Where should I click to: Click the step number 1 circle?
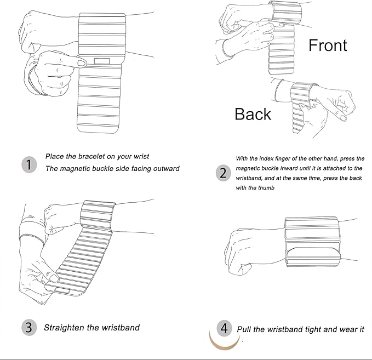pyautogui.click(x=29, y=164)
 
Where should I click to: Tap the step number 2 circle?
pyautogui.click(x=223, y=173)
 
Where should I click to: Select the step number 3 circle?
pyautogui.click(x=29, y=328)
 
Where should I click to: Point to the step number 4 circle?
pyautogui.click(x=224, y=328)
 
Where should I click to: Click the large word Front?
pyautogui.click(x=328, y=45)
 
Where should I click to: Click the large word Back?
pyautogui.click(x=253, y=114)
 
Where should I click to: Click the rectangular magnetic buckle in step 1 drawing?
pyautogui.click(x=102, y=61)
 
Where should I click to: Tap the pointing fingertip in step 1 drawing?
pyautogui.click(x=82, y=63)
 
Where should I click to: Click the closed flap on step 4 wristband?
pyautogui.click(x=313, y=257)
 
